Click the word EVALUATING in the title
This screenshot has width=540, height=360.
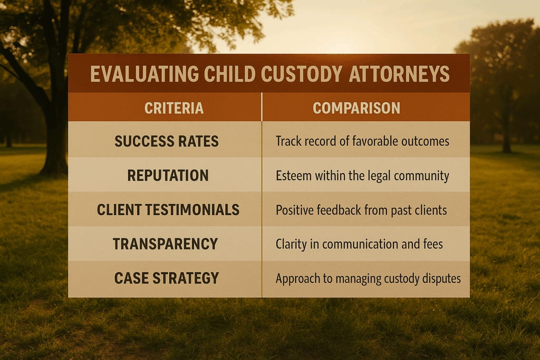click(x=136, y=74)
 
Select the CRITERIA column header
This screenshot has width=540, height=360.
click(x=173, y=109)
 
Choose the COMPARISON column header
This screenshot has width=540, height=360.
click(x=356, y=109)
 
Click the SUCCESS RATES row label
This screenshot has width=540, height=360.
click(x=167, y=141)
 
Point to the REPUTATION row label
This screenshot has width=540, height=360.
click(x=168, y=176)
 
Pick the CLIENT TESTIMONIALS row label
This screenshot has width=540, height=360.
click(x=168, y=210)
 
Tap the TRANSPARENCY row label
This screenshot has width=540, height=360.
click(x=165, y=244)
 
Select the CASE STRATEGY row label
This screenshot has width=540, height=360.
click(x=167, y=278)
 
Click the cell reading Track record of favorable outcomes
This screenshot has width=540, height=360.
click(x=362, y=141)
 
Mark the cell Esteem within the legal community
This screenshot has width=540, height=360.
click(x=362, y=176)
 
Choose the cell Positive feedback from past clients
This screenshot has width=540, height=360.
click(x=361, y=210)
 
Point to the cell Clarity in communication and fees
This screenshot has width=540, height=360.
click(x=359, y=244)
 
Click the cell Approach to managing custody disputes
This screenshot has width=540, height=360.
click(x=368, y=278)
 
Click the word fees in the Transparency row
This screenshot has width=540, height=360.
click(x=431, y=244)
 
